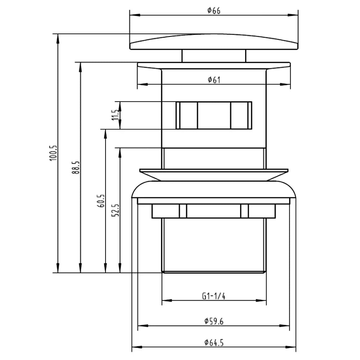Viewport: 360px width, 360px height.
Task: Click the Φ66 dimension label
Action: pyautogui.click(x=214, y=10)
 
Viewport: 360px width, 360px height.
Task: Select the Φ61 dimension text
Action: pyautogui.click(x=214, y=80)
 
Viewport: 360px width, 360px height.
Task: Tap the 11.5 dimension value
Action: pyautogui.click(x=115, y=115)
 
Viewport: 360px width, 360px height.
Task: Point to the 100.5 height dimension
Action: pyautogui.click(x=53, y=153)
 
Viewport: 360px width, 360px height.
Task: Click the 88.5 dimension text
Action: pyautogui.click(x=76, y=167)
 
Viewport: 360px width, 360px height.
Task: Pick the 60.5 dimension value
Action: pyautogui.click(x=101, y=201)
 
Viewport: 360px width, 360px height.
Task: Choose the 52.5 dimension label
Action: pyautogui.click(x=115, y=210)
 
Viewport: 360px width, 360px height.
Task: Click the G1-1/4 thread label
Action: pyautogui.click(x=214, y=296)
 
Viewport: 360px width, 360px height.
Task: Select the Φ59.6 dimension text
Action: pyautogui.click(x=214, y=321)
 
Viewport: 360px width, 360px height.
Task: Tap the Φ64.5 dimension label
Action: pyautogui.click(x=214, y=343)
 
